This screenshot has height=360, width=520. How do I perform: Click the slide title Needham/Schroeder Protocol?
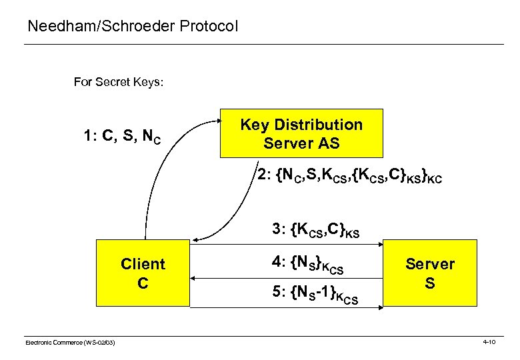coord(132,27)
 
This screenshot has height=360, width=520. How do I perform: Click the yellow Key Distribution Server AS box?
coord(301,133)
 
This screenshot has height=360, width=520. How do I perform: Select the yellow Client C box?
coord(143,273)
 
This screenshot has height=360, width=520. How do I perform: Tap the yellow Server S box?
coord(430,273)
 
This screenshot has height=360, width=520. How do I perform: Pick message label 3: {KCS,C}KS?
coord(315,231)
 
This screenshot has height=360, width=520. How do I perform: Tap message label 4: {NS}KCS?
coord(307,265)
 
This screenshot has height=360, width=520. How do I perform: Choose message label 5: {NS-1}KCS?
coord(315,296)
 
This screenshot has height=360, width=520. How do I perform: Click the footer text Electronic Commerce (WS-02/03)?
coord(70,342)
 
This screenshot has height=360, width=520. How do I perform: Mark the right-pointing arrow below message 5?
coord(287,307)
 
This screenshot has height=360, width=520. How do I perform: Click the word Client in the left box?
coord(143,264)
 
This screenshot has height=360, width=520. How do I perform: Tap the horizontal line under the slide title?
coord(263,44)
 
